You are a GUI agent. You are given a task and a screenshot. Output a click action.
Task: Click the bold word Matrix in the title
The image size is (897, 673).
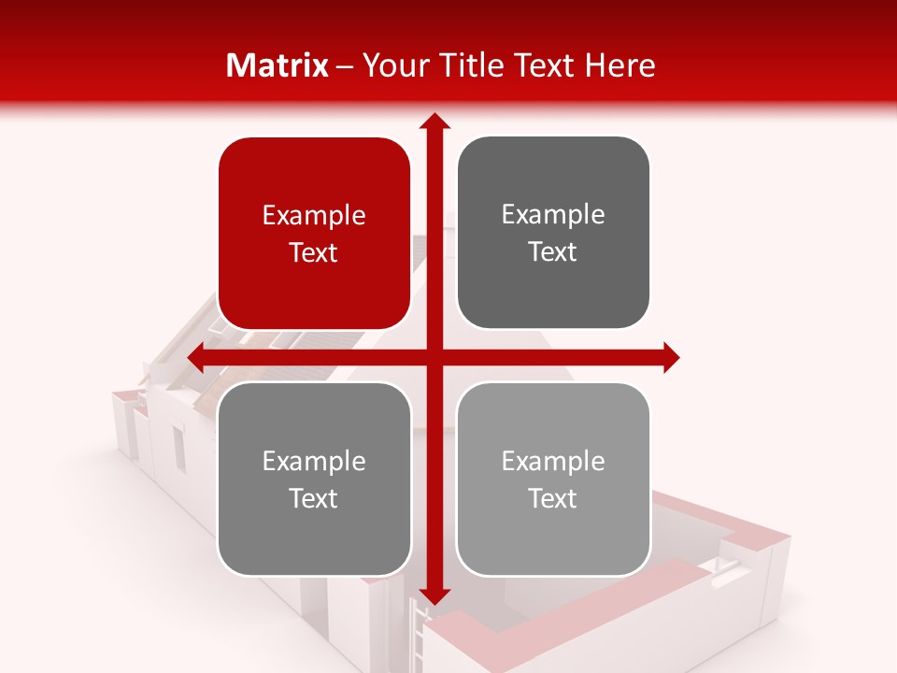[278, 65]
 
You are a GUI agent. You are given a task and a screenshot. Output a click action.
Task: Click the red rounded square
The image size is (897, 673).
[314, 234]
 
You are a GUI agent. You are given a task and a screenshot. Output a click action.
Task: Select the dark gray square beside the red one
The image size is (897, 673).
[553, 234]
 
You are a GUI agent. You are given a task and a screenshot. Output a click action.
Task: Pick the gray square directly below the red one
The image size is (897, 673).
[314, 479]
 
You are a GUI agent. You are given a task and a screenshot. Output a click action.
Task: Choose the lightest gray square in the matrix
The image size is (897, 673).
[553, 479]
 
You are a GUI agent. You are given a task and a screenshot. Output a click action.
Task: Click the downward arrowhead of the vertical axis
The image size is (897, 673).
[434, 595]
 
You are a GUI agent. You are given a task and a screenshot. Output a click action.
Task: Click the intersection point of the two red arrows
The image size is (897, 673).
[434, 357]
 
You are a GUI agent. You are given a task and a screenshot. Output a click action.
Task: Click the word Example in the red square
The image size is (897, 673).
[314, 215]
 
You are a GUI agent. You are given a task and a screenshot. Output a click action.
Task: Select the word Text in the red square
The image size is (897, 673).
[314, 252]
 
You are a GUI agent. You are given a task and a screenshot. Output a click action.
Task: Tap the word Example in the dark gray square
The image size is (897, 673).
[553, 214]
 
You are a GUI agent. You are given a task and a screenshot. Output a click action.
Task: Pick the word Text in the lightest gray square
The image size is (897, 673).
[553, 498]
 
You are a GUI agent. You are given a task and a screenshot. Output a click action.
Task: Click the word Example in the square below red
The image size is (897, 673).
[314, 461]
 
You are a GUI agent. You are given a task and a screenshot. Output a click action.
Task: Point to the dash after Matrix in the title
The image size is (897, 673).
[345, 66]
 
